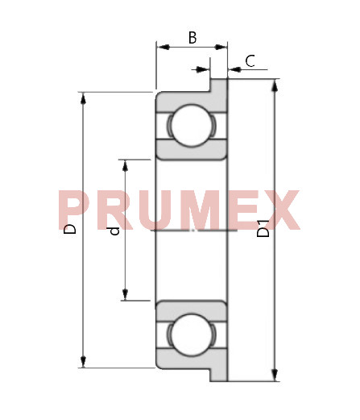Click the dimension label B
(192, 38)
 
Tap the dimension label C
(250, 61)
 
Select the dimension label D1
(263, 228)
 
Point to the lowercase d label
(114, 231)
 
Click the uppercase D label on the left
(70, 228)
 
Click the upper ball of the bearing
(192, 125)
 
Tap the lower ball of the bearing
(192, 335)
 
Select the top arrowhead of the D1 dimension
(275, 86)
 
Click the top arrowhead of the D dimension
(83, 98)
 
